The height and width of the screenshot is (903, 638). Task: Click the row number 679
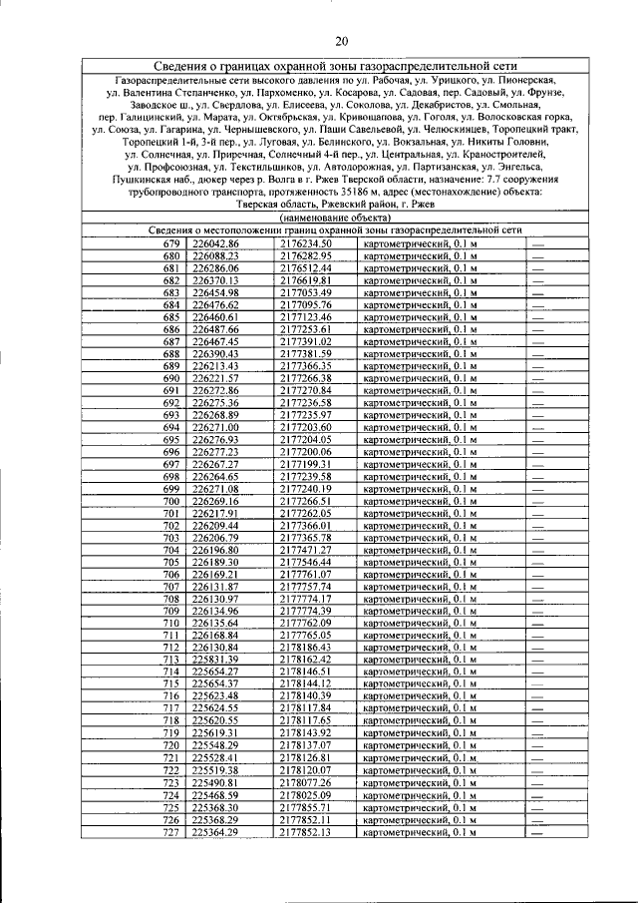(x=171, y=244)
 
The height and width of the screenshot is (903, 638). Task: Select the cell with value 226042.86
(x=216, y=244)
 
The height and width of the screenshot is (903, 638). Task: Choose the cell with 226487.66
(x=216, y=329)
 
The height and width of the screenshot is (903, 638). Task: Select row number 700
(x=171, y=501)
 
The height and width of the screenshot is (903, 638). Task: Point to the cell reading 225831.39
(x=216, y=660)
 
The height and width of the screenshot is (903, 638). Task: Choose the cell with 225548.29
(x=216, y=745)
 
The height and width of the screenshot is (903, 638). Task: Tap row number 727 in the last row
(x=171, y=831)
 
